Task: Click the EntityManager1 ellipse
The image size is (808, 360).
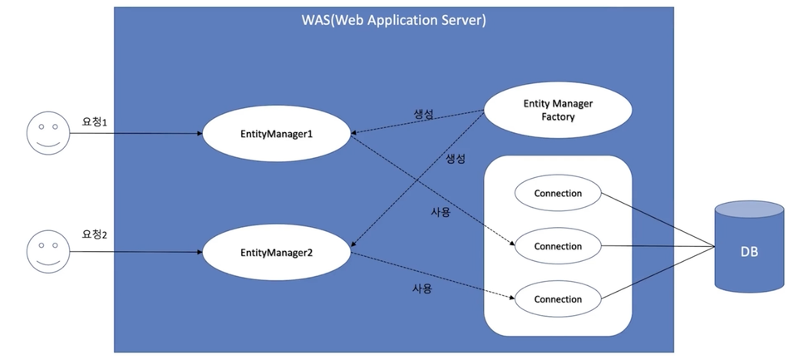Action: pyautogui.click(x=277, y=134)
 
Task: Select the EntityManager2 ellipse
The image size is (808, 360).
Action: pyautogui.click(x=277, y=253)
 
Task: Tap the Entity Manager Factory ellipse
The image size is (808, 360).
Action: pyautogui.click(x=558, y=111)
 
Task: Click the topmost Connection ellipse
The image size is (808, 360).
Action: pyautogui.click(x=558, y=193)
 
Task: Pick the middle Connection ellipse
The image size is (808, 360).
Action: pyautogui.click(x=558, y=246)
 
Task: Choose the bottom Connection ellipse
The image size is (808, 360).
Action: pyautogui.click(x=558, y=299)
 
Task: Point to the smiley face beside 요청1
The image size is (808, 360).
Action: pyautogui.click(x=48, y=132)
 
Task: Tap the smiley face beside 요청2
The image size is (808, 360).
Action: pyautogui.click(x=48, y=251)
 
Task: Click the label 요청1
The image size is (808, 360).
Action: pyautogui.click(x=94, y=122)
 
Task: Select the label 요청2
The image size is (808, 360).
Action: pyautogui.click(x=94, y=234)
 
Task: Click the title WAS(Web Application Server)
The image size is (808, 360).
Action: pyautogui.click(x=394, y=21)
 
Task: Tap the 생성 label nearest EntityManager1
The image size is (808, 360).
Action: pyautogui.click(x=424, y=114)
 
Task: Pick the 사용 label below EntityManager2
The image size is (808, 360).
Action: pyautogui.click(x=422, y=288)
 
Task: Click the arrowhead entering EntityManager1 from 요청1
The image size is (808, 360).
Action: pyautogui.click(x=199, y=134)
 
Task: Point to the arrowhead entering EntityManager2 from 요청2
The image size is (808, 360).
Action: pyautogui.click(x=199, y=252)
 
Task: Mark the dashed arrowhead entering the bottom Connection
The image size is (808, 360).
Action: pyautogui.click(x=511, y=298)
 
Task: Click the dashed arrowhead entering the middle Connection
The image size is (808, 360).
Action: pyautogui.click(x=511, y=244)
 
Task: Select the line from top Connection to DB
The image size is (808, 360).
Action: pyautogui.click(x=658, y=220)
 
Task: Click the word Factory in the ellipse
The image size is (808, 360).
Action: pyautogui.click(x=558, y=117)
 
